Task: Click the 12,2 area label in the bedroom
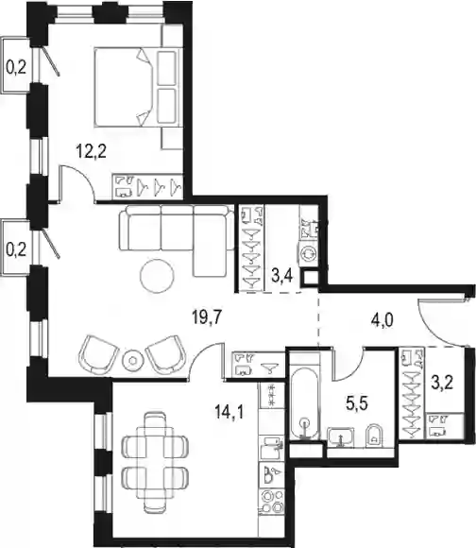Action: coord(92,151)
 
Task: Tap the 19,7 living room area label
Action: coord(208,317)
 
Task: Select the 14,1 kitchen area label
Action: coord(229,412)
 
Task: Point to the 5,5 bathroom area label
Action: coord(357,404)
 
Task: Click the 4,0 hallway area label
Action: coord(382,320)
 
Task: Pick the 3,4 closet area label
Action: coord(282,276)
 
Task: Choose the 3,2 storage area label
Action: coord(442,383)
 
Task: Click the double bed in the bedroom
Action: coord(124,87)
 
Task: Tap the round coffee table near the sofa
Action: coord(157,277)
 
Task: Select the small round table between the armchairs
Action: coord(132,360)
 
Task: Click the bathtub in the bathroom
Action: coord(305,396)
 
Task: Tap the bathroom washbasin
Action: coord(341,437)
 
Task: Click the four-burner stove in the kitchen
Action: coord(272,502)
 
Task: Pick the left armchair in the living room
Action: coord(98,354)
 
